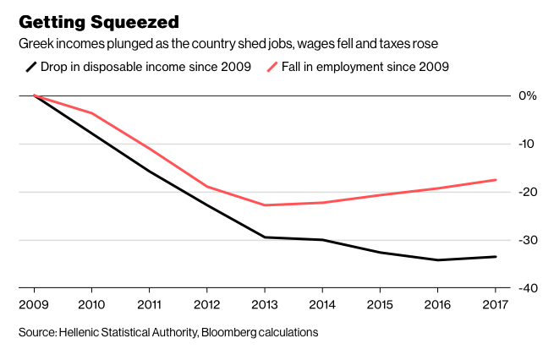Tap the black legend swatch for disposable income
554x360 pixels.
point(31,67)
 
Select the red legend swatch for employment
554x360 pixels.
point(272,67)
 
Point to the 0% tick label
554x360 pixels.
point(528,95)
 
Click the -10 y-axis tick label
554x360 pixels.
point(527,144)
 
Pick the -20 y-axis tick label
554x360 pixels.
point(527,192)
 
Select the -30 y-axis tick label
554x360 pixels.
point(527,240)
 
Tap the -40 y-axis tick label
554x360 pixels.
point(527,288)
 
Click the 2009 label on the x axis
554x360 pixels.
point(33,303)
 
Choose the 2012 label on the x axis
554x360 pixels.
point(206,303)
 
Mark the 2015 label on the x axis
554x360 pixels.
point(380,303)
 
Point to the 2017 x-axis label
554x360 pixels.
point(496,303)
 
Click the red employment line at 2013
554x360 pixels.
point(265,205)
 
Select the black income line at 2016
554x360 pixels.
point(438,260)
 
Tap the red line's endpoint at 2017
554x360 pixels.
point(496,180)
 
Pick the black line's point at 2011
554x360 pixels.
point(149,172)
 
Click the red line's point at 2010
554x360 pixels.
point(91,113)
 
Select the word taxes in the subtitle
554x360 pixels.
point(376,42)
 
